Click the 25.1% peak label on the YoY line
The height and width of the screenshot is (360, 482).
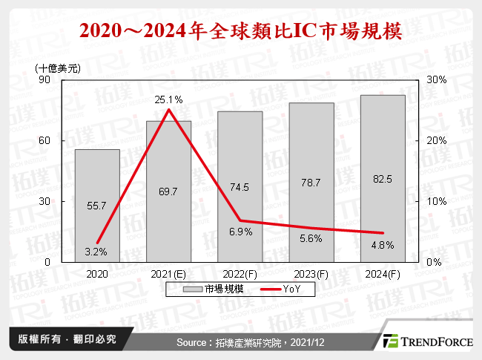coord(168,99)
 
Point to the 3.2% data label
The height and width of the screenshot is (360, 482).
coord(96,252)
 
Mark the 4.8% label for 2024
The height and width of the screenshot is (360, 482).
coord(382,246)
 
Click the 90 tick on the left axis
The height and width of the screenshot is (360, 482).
coord(44,79)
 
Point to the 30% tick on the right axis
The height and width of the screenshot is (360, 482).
coord(436,79)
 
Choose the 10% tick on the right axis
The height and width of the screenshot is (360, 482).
coord(436,201)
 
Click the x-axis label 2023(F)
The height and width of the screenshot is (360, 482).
coord(311,273)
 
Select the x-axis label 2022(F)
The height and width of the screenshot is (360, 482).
coord(240,273)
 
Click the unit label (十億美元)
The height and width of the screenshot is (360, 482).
coord(59,68)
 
